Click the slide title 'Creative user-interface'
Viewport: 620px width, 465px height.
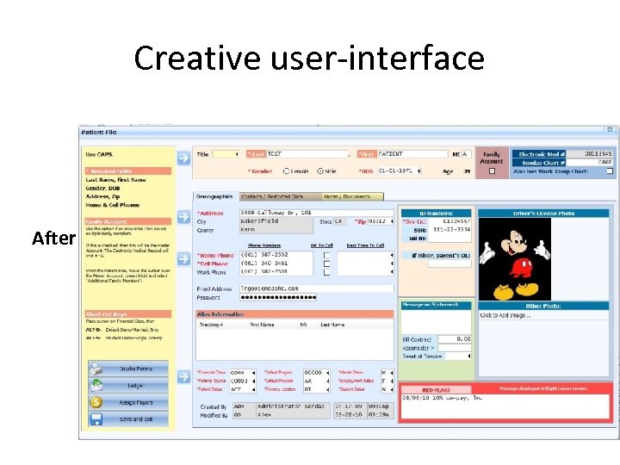[309, 59]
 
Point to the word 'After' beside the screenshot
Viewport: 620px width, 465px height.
[54, 238]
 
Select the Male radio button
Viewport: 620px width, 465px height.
[319, 171]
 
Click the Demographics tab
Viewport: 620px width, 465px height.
[213, 196]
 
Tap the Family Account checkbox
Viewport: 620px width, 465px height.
[492, 171]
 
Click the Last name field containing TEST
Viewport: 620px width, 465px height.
[307, 154]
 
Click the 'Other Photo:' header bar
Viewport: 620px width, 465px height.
[544, 306]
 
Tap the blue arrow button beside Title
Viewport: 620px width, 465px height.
[183, 158]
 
